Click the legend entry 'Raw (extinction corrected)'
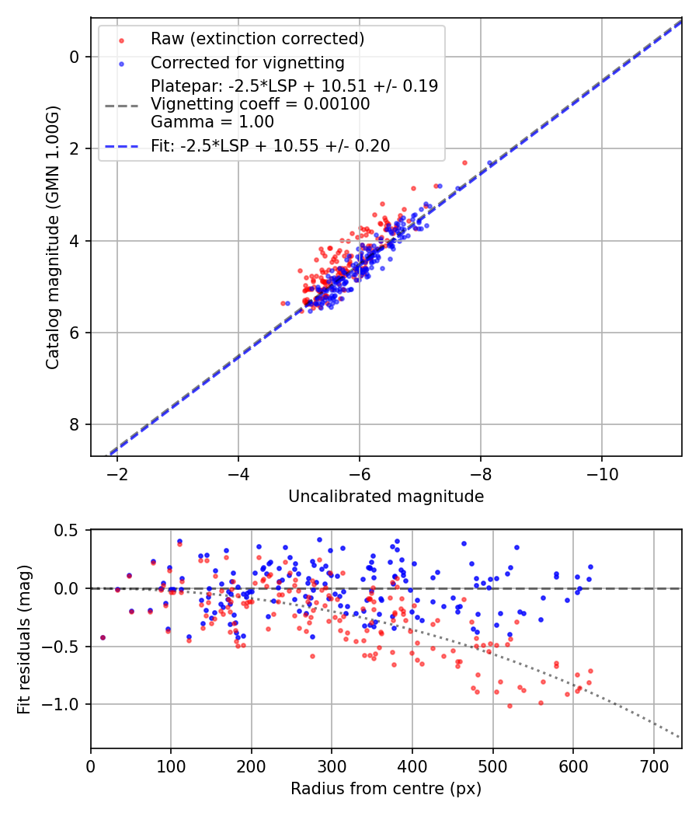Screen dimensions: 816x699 [x=257, y=39]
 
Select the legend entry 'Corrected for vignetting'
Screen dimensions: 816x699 [x=247, y=62]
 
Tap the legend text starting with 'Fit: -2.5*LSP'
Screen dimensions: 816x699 [x=270, y=145]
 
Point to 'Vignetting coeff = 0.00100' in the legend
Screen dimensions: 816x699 [x=260, y=104]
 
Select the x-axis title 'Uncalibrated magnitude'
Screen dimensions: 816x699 [x=386, y=497]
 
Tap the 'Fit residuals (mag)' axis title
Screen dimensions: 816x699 [x=24, y=639]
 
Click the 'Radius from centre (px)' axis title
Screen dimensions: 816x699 [x=386, y=789]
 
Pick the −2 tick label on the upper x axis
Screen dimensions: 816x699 [x=117, y=473]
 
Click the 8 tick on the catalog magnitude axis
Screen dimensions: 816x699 [x=75, y=424]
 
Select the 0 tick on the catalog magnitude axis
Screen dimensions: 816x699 [x=75, y=57]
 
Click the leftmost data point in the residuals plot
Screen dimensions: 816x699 [x=103, y=637]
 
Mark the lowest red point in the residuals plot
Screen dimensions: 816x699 [x=509, y=706]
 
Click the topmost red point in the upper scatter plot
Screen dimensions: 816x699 [x=464, y=162]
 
